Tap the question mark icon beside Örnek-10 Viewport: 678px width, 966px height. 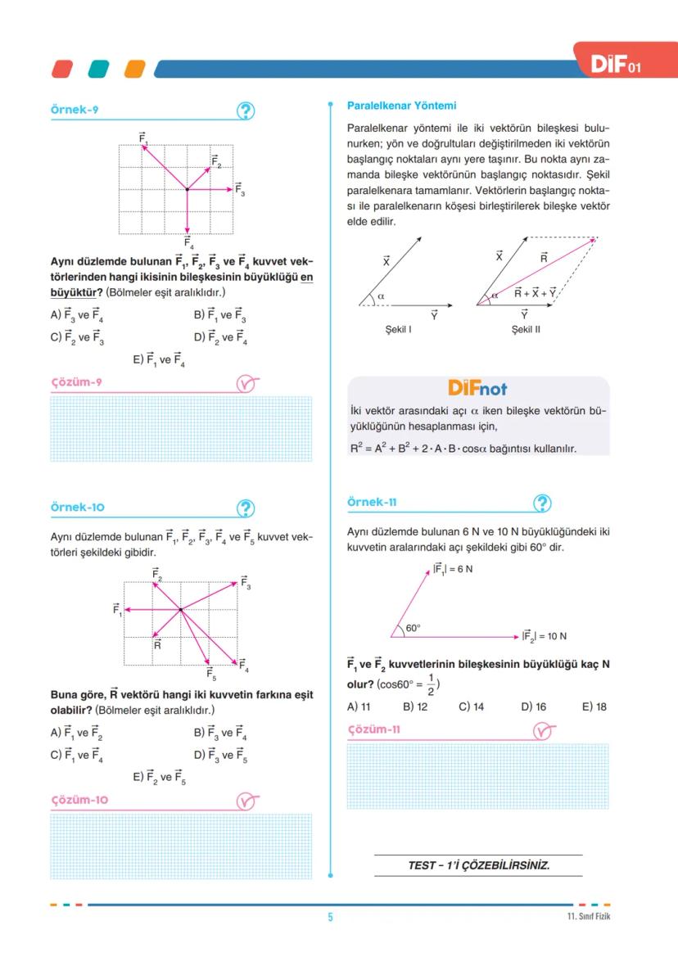pyautogui.click(x=245, y=508)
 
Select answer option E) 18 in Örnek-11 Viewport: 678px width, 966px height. pyautogui.click(x=594, y=706)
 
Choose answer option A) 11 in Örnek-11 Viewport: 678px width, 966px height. pyautogui.click(x=359, y=706)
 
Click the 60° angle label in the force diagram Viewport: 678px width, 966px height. pyautogui.click(x=414, y=628)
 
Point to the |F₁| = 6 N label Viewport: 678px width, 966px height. pyautogui.click(x=452, y=569)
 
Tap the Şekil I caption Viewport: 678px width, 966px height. pyautogui.click(x=398, y=329)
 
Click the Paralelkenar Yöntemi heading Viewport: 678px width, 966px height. pyautogui.click(x=401, y=106)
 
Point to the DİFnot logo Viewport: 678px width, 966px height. pyautogui.click(x=477, y=387)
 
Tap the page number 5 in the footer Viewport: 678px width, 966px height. pyautogui.click(x=331, y=917)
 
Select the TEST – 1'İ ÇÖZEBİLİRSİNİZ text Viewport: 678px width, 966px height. pyautogui.click(x=478, y=865)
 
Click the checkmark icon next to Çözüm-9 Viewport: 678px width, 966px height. pyautogui.click(x=246, y=383)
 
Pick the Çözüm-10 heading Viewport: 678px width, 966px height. pyautogui.click(x=79, y=800)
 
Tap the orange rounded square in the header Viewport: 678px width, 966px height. pyautogui.click(x=134, y=69)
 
